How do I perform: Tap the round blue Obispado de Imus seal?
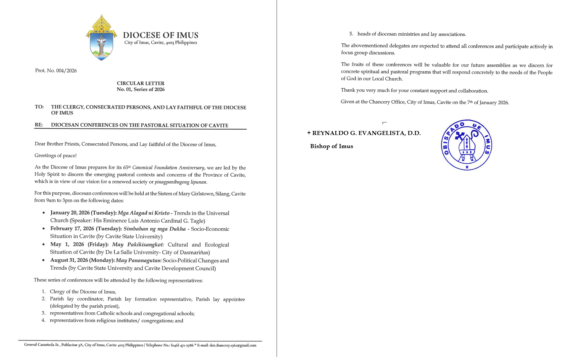pos(467,145)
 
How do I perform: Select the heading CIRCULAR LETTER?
pos(141,83)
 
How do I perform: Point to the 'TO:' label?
pos(39,107)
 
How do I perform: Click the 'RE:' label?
pos(39,125)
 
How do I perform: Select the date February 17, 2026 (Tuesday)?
pos(86,229)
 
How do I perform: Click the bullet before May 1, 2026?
pos(44,244)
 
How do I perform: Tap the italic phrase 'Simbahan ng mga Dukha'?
pos(154,229)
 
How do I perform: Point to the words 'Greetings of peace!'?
pos(55,155)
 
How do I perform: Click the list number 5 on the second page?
pos(351,34)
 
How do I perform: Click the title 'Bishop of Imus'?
pos(331,146)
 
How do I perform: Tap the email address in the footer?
pos(233,345)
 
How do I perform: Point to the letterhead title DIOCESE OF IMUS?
pos(160,35)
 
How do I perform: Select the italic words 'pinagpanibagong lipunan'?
pos(181,182)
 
